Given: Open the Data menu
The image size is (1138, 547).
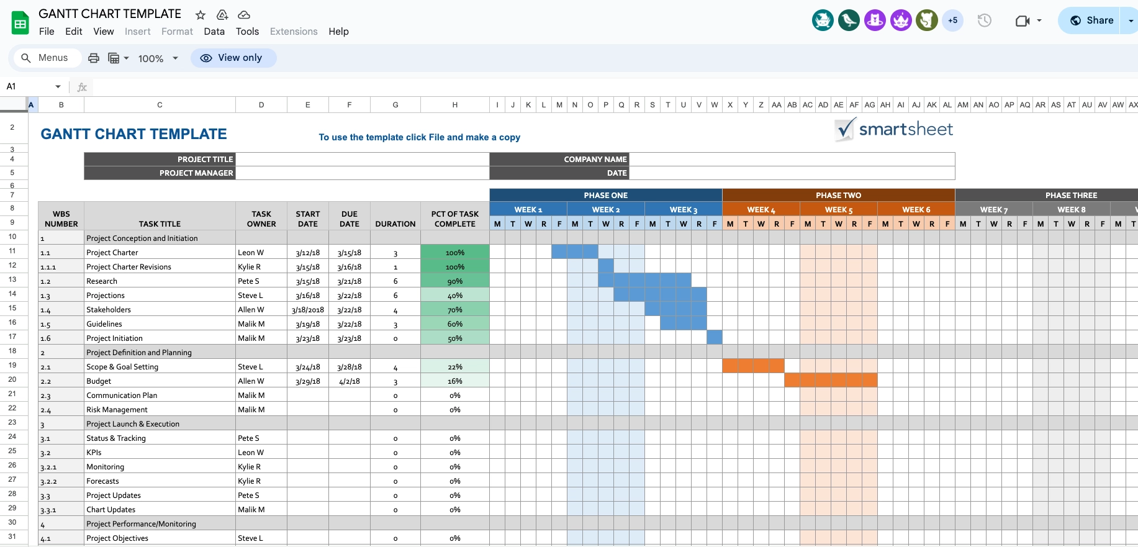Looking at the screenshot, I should pyautogui.click(x=214, y=32).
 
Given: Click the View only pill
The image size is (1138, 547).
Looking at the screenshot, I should pyautogui.click(x=233, y=58).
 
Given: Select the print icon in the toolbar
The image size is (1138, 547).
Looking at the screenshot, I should pyautogui.click(x=94, y=58).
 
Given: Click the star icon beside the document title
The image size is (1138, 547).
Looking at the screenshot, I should pyautogui.click(x=200, y=15).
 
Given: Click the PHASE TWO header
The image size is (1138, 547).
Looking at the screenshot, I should pyautogui.click(x=838, y=195).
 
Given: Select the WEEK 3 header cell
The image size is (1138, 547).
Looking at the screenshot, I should pyautogui.click(x=683, y=210).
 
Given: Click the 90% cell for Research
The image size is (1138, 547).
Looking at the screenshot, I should pyautogui.click(x=454, y=281).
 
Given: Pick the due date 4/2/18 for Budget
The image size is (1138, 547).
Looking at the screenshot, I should pyautogui.click(x=350, y=381).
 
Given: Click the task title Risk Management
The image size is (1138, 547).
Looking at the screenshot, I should pyautogui.click(x=117, y=410).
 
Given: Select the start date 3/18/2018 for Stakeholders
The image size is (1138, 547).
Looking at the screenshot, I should pyautogui.click(x=308, y=310).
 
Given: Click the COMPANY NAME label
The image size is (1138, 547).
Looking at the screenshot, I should pyautogui.click(x=595, y=160).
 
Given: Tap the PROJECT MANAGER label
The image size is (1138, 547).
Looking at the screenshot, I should pyautogui.click(x=196, y=173).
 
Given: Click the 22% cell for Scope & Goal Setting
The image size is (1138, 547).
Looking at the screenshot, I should pyautogui.click(x=454, y=367).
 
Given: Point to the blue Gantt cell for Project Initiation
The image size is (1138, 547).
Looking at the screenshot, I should pyautogui.click(x=714, y=338).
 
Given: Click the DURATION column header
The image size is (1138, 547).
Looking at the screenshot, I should pyautogui.click(x=395, y=224).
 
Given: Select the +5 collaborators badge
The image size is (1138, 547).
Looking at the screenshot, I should pyautogui.click(x=952, y=20).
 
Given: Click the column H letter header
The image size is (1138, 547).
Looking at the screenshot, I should pyautogui.click(x=454, y=105).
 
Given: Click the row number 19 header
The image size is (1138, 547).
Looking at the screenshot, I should pyautogui.click(x=12, y=365).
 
